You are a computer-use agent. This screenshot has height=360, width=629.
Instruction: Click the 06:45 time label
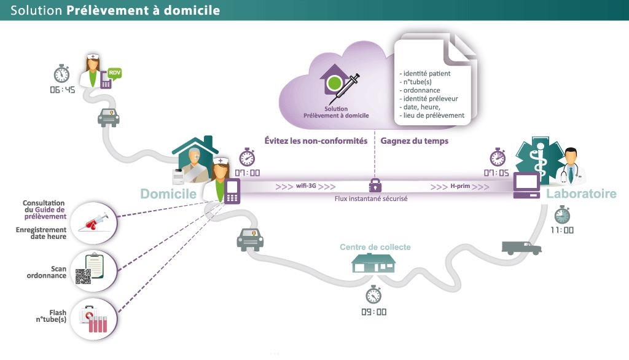click(x=62, y=90)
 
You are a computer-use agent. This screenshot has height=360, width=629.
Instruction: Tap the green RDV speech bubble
click(x=115, y=74)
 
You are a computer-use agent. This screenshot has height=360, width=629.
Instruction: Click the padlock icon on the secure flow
click(x=373, y=185)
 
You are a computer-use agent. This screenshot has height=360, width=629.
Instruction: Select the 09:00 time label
click(x=373, y=311)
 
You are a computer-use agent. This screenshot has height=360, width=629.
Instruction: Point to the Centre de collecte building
click(x=373, y=264)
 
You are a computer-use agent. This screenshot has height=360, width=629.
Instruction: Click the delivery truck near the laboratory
click(x=522, y=248)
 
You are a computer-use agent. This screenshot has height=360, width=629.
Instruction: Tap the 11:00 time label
click(x=561, y=230)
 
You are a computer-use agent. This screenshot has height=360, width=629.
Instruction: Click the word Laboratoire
click(x=580, y=194)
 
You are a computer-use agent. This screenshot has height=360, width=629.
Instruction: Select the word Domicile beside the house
click(x=168, y=194)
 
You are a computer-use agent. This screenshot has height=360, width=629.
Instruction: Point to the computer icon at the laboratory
click(x=526, y=185)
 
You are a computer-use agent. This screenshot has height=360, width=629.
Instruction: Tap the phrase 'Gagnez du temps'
click(x=415, y=141)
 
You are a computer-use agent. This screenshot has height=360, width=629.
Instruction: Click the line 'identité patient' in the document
click(x=424, y=74)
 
